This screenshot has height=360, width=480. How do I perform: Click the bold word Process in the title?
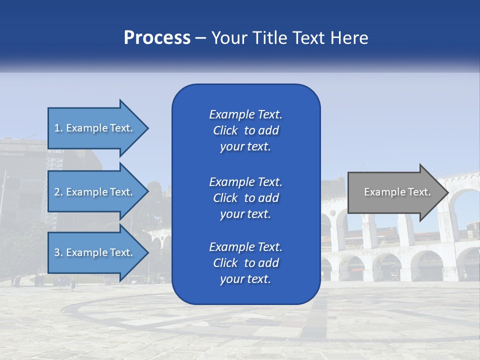[x=157, y=38]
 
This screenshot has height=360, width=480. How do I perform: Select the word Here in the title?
[x=349, y=38]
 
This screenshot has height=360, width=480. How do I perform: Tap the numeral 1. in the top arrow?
[x=58, y=128]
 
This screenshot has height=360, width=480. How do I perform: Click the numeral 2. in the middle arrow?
[x=58, y=192]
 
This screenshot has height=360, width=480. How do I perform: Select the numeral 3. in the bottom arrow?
[x=58, y=252]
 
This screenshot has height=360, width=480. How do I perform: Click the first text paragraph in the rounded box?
[x=245, y=130]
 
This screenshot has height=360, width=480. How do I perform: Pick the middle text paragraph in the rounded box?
[x=245, y=198]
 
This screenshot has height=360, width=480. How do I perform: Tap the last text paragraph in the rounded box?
[x=245, y=263]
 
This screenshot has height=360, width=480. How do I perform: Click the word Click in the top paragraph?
[x=225, y=130]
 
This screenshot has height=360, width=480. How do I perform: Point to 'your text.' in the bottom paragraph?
[x=245, y=279]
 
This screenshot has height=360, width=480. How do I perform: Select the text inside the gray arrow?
[x=397, y=192]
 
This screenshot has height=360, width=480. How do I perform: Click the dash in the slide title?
[x=201, y=38]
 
